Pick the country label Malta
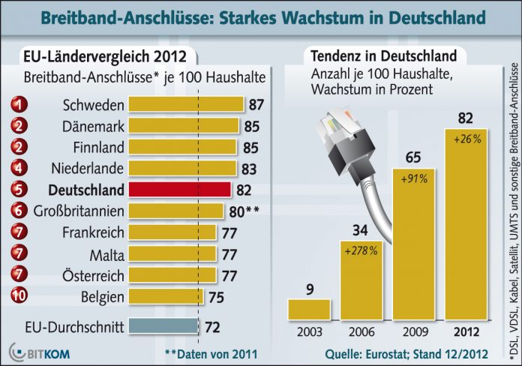pos(106,254)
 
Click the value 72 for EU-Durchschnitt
pos(213,326)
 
